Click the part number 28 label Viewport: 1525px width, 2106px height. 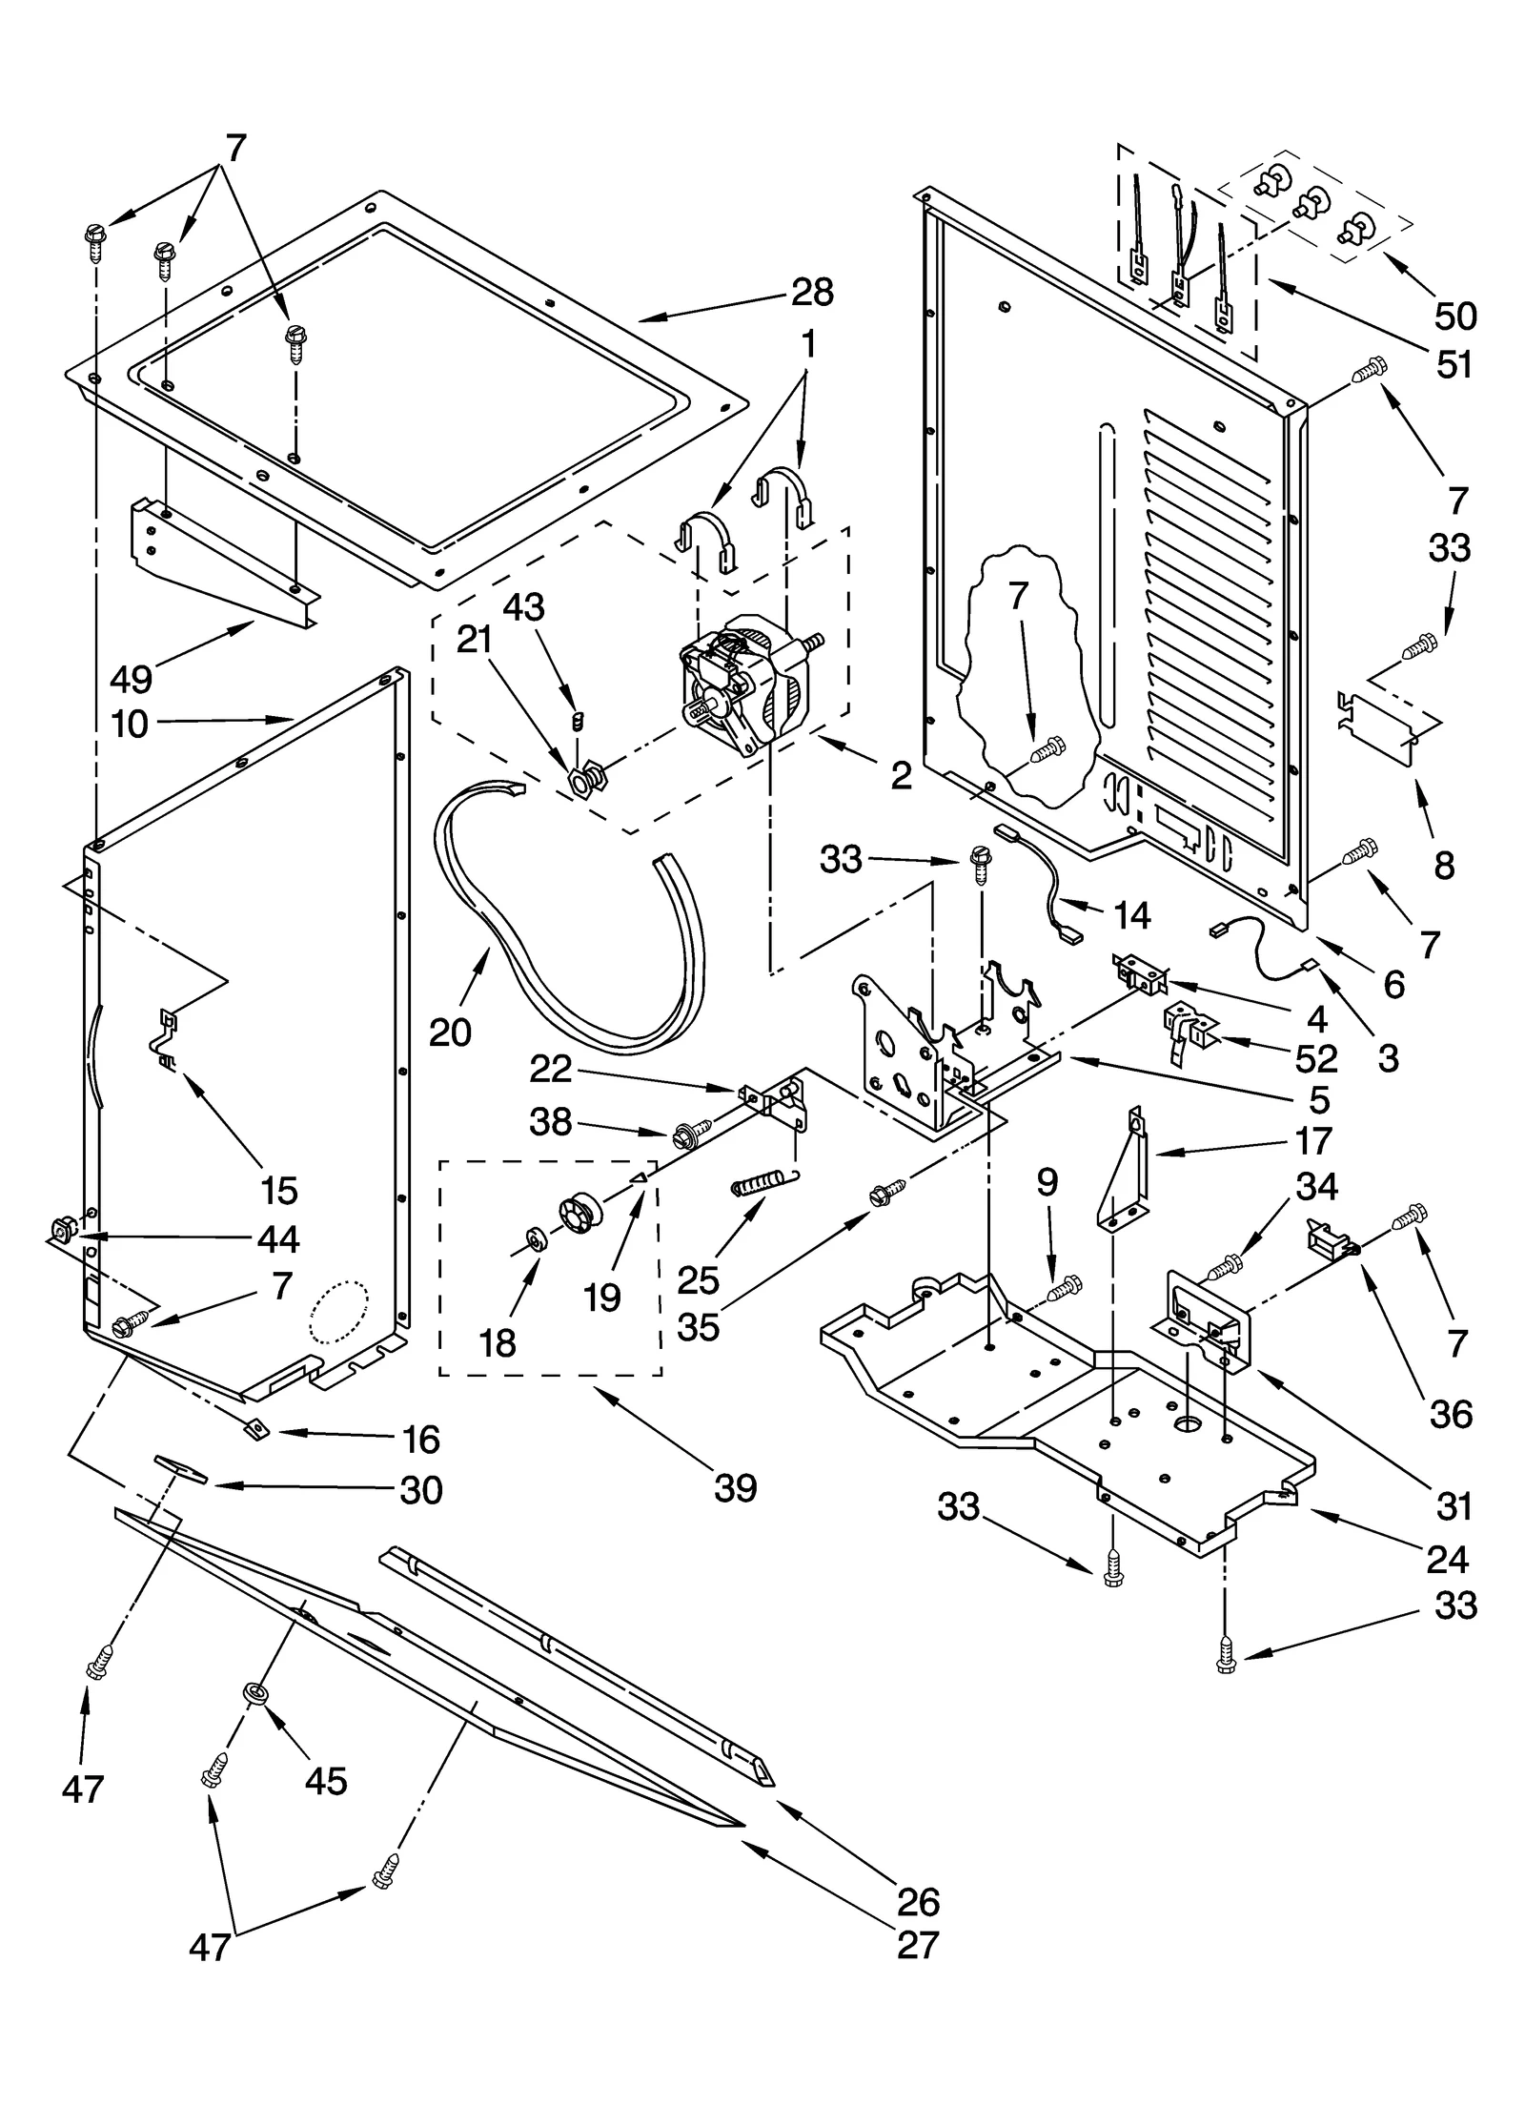(x=812, y=292)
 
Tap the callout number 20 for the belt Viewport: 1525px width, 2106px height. (x=450, y=1032)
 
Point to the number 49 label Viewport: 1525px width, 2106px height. (x=131, y=679)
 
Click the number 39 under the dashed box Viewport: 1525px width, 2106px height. (x=735, y=1486)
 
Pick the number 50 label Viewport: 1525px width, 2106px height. (x=1454, y=316)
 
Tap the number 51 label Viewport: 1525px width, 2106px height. (x=1454, y=364)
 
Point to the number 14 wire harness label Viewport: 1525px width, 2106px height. (x=1131, y=915)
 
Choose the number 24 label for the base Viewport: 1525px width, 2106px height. (x=1448, y=1560)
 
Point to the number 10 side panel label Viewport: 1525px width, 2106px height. (x=131, y=725)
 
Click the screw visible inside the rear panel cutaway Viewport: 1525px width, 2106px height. (x=1047, y=750)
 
